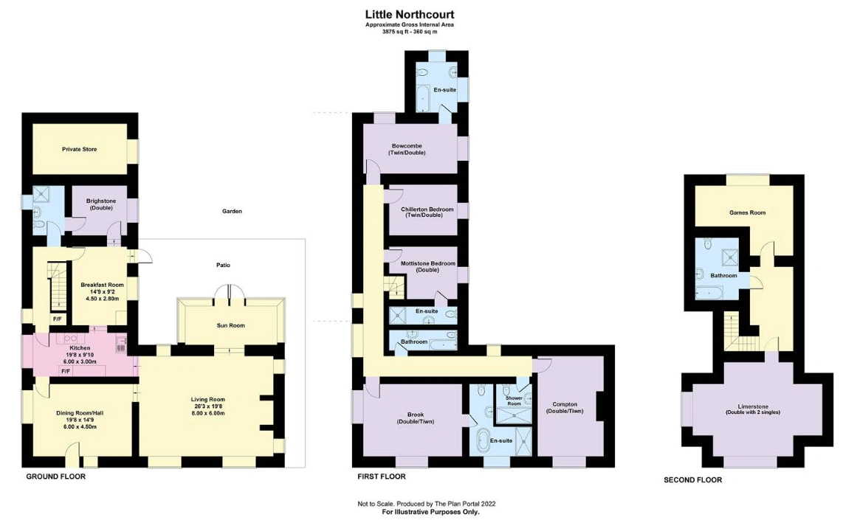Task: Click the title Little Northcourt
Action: click(410, 15)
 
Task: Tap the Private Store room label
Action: click(79, 149)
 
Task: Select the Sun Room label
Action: click(230, 325)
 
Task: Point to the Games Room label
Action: click(747, 212)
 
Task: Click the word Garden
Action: click(232, 211)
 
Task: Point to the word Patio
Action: click(223, 265)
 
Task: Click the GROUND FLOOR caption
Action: click(56, 477)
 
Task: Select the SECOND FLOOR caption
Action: click(692, 480)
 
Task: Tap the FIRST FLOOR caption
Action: click(382, 477)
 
